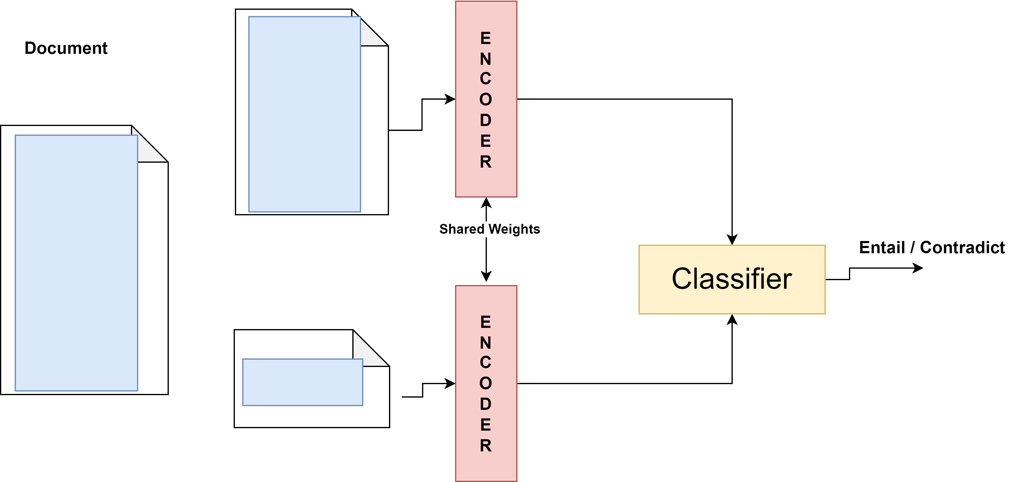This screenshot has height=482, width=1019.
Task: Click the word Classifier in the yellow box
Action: click(732, 279)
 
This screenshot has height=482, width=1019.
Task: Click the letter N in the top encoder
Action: click(485, 59)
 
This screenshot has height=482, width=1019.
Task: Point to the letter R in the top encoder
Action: click(485, 162)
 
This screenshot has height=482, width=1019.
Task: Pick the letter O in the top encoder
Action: click(485, 100)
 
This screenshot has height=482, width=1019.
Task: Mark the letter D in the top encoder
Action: click(485, 120)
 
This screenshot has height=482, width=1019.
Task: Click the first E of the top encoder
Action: click(485, 39)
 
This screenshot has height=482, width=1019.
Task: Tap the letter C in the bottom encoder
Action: click(485, 362)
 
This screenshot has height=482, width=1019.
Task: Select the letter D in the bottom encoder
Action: click(485, 404)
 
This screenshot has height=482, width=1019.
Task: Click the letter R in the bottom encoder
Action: click(485, 446)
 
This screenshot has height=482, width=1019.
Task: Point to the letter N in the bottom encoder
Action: click(485, 343)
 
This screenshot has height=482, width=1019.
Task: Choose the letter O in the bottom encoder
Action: click(485, 383)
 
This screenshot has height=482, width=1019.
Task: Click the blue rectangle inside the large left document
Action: click(76, 263)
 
